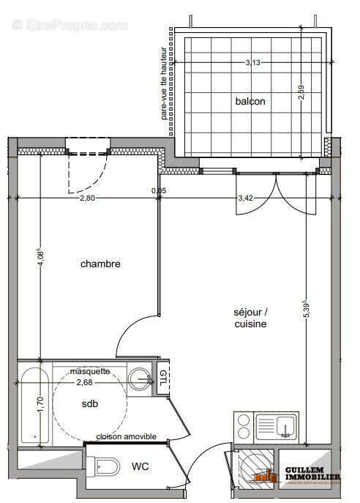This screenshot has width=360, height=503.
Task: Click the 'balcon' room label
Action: coord(250,101)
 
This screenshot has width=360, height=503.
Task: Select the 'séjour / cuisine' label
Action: coord(250,318)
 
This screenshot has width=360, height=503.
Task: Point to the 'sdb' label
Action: coord(90,403)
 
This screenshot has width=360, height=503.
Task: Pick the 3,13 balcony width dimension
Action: coord(252,62)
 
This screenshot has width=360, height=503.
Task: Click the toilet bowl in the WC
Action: coord(107,466)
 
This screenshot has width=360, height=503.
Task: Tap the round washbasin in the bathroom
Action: coord(140,378)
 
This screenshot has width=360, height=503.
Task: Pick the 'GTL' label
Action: coord(163,379)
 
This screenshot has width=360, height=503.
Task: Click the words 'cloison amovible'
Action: coord(126,436)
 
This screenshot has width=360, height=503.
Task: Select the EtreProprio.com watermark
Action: coord(70,25)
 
